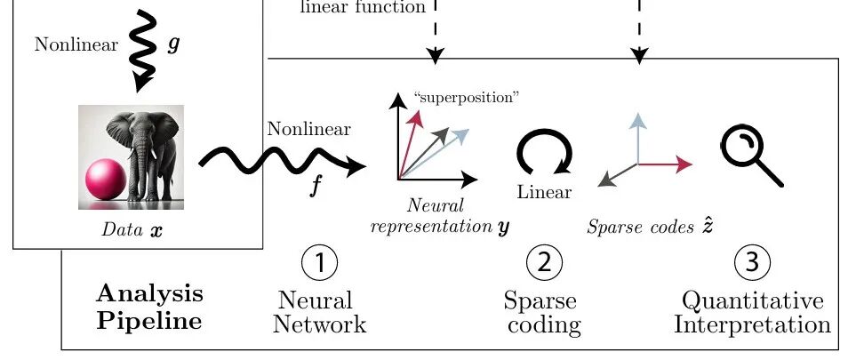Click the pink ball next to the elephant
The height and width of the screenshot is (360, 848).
point(106,180)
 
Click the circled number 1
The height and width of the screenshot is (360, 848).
point(320,263)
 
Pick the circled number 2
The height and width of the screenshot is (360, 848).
point(544,263)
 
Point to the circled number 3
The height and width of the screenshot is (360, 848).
point(752,263)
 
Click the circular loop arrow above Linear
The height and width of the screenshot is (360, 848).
point(544,152)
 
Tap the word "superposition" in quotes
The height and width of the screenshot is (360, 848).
point(466,98)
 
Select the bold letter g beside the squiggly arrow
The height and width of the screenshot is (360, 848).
point(173,44)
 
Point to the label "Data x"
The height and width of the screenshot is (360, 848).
point(132,230)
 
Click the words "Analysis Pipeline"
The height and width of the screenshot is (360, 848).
point(150,308)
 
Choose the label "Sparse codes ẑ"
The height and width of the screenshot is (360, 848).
point(650,226)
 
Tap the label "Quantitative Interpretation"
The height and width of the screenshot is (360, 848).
point(752,312)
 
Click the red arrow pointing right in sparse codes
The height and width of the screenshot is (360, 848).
point(665,164)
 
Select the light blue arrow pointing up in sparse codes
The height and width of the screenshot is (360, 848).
point(639,138)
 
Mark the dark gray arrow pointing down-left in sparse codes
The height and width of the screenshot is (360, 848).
point(618,174)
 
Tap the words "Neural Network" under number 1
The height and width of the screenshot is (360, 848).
point(320,312)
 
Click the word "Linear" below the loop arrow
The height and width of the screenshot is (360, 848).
point(544,192)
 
